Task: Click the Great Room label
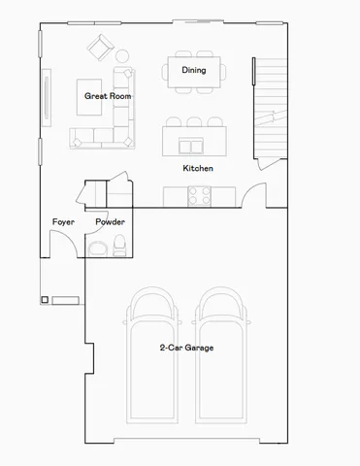pos(108,96)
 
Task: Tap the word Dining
pos(193,70)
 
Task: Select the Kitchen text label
pos(198,169)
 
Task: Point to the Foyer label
pos(63,222)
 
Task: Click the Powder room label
pos(110,222)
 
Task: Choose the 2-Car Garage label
pos(186,348)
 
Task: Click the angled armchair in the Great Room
pos(99,48)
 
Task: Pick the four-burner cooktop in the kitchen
pos(199,196)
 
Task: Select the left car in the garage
pos(153,354)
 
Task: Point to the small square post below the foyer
pos(45,300)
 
